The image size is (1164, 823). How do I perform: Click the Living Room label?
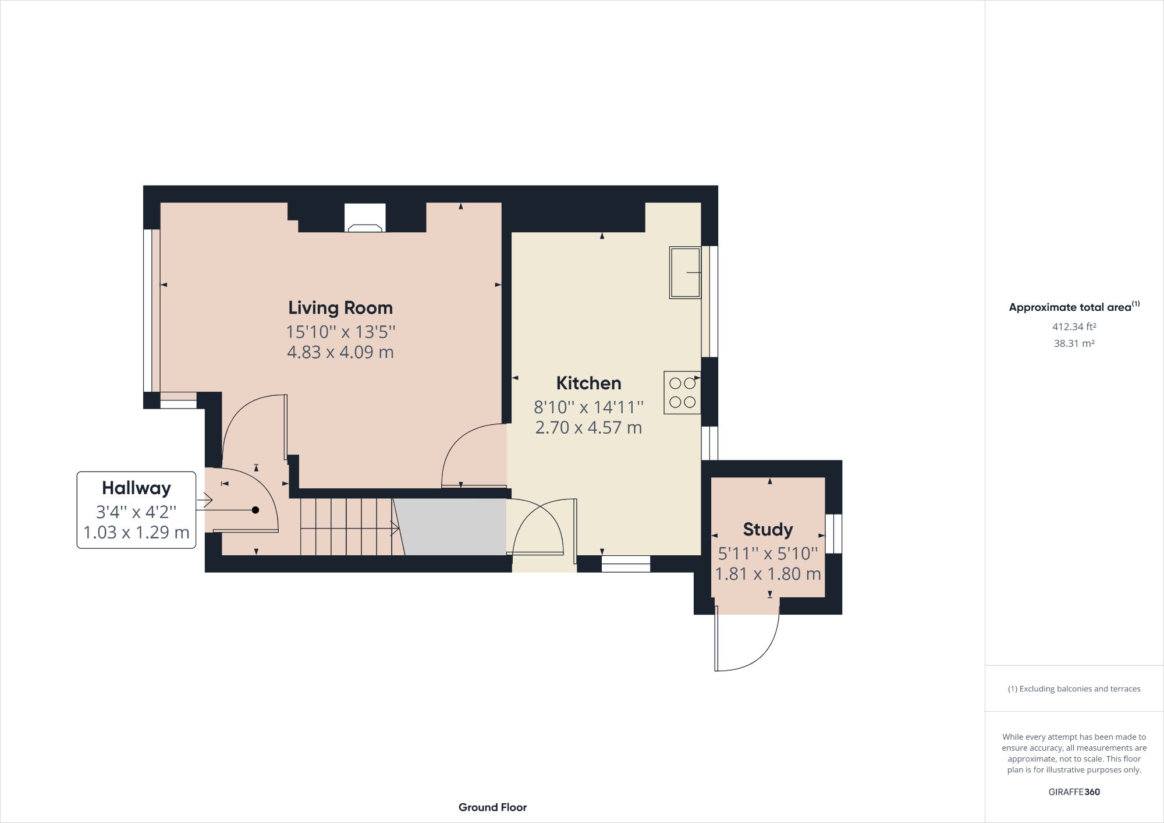point(340,307)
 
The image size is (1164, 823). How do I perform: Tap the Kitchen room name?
point(588,383)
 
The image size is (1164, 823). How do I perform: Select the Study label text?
point(768,529)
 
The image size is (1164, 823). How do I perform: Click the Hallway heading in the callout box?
point(136,488)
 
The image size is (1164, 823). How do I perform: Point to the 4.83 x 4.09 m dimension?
point(340,352)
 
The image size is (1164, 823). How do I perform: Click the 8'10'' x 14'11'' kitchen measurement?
point(588,406)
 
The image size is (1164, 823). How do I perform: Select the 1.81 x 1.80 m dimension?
point(768,574)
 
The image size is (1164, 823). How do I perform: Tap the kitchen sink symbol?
point(684,272)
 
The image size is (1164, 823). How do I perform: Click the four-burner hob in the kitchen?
point(682,393)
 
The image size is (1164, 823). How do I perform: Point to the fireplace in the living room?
point(365,219)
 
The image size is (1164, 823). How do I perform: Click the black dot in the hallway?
point(255,510)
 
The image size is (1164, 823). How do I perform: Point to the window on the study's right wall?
point(834,533)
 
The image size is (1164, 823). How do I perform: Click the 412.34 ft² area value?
point(1074,327)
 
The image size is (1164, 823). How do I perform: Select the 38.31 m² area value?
point(1074,343)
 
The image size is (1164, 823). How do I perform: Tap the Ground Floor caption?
point(492,807)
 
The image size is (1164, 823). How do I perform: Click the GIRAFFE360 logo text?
point(1074,792)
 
